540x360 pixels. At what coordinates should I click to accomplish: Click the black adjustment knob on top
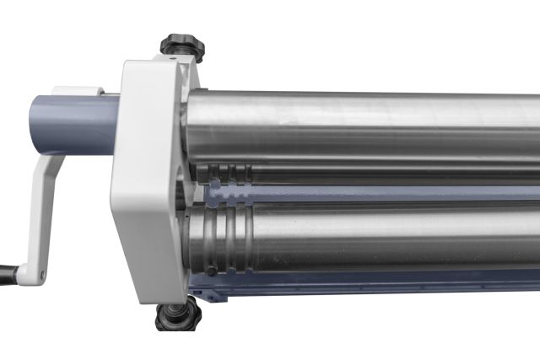[183, 45]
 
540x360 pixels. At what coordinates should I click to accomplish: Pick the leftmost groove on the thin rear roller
[216, 173]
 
